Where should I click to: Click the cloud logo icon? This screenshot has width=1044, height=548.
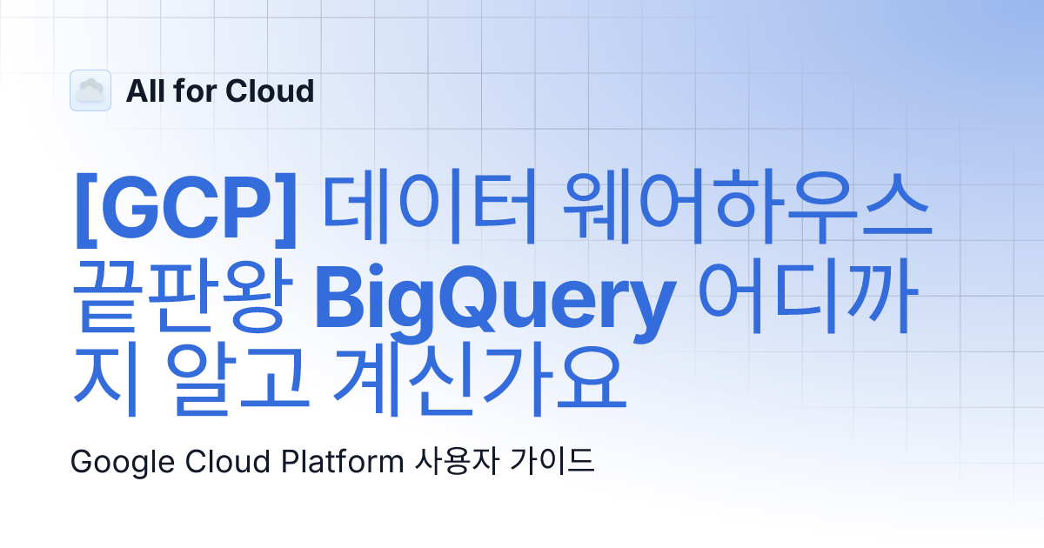[90, 90]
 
